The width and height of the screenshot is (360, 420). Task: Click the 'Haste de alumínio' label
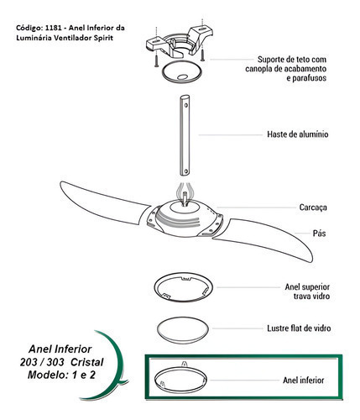pos(298,134)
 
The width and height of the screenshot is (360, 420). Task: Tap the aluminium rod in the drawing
pos(185,135)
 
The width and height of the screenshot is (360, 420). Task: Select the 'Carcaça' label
pos(313,207)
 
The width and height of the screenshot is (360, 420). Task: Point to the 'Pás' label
pos(319,234)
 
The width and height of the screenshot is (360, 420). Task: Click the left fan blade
pos(103,202)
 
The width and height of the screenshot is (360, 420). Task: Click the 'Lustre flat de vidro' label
pos(299,328)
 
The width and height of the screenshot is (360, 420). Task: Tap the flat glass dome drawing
pos(183,329)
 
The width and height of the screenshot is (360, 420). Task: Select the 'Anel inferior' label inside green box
pos(304,380)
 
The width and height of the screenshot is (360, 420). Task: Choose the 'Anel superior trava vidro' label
pos(307,291)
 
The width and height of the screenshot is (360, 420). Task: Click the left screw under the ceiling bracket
pos(156,60)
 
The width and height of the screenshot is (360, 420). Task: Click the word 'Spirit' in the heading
pos(104,38)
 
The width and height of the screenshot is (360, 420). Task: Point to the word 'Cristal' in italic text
pos(87,362)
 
